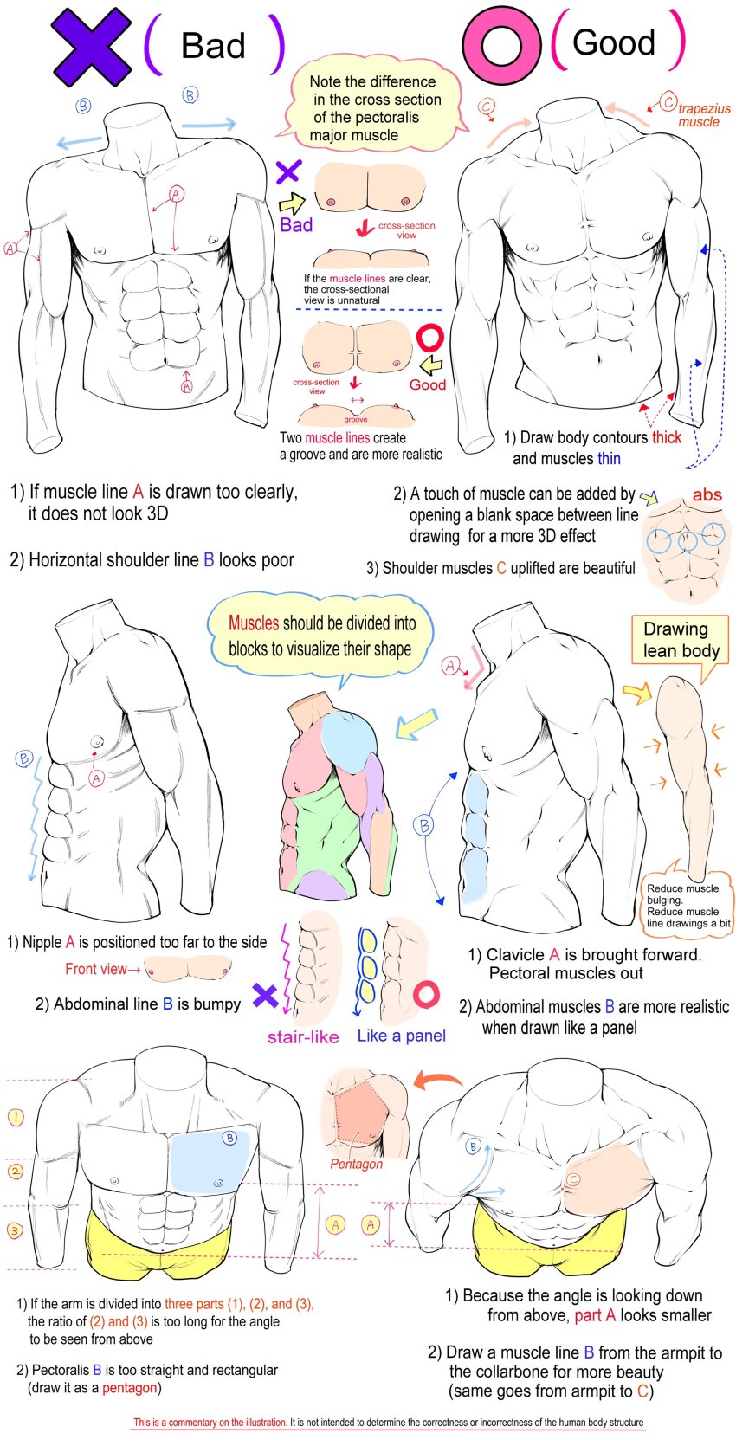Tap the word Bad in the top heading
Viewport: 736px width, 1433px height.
(213, 46)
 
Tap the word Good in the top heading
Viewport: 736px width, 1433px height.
(614, 42)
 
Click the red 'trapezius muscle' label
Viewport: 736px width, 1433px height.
(703, 115)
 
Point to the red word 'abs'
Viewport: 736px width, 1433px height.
(707, 494)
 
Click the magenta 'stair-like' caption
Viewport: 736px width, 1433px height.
(303, 1036)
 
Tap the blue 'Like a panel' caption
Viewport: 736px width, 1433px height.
(401, 1036)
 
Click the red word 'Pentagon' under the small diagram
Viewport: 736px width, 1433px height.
(356, 1164)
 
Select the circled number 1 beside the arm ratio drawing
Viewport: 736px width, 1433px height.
(16, 1117)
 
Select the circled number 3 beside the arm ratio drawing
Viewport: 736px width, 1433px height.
(16, 1230)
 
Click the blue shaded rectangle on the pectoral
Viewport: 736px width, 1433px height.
(210, 1159)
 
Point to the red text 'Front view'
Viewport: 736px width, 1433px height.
(96, 969)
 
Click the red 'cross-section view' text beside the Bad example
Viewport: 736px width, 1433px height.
(406, 230)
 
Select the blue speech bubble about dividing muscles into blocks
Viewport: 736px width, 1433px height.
(320, 636)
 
